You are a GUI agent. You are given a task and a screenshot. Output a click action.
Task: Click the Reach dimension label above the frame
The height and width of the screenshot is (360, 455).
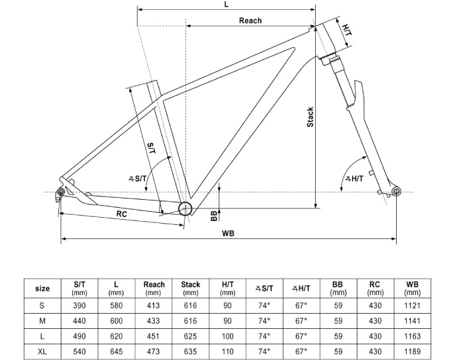(x=250, y=21)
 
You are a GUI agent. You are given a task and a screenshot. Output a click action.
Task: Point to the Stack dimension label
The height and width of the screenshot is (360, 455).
(x=310, y=118)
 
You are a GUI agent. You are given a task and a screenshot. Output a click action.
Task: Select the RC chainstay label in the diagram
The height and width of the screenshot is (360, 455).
(x=122, y=214)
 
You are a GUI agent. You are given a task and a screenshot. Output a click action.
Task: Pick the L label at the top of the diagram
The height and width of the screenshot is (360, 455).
(x=226, y=5)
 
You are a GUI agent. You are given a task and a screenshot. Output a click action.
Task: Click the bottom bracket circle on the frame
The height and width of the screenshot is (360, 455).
(x=185, y=209)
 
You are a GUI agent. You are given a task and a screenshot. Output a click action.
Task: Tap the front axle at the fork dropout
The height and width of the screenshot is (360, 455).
(x=397, y=191)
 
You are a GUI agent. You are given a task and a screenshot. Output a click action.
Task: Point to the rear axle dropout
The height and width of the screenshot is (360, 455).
(x=60, y=192)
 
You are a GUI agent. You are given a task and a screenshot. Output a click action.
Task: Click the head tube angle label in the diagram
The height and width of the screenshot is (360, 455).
(x=355, y=178)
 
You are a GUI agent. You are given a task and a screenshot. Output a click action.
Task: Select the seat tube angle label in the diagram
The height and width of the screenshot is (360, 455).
(x=138, y=178)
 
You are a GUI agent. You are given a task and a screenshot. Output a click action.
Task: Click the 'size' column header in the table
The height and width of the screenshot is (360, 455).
(x=42, y=288)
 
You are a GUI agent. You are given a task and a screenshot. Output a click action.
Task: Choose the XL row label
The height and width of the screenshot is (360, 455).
(x=42, y=350)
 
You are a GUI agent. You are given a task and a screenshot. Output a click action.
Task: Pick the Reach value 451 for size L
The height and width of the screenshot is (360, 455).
(x=154, y=335)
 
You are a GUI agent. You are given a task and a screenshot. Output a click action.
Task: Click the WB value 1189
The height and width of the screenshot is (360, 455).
(x=412, y=350)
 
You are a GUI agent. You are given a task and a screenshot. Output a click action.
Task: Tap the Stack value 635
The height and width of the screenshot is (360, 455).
(x=191, y=350)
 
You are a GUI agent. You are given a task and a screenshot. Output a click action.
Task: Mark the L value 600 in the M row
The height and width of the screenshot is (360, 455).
(x=117, y=320)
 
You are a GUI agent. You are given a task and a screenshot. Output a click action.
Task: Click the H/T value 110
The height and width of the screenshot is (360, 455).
(x=228, y=350)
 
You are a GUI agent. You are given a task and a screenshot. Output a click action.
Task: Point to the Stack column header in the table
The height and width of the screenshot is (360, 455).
(x=191, y=288)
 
